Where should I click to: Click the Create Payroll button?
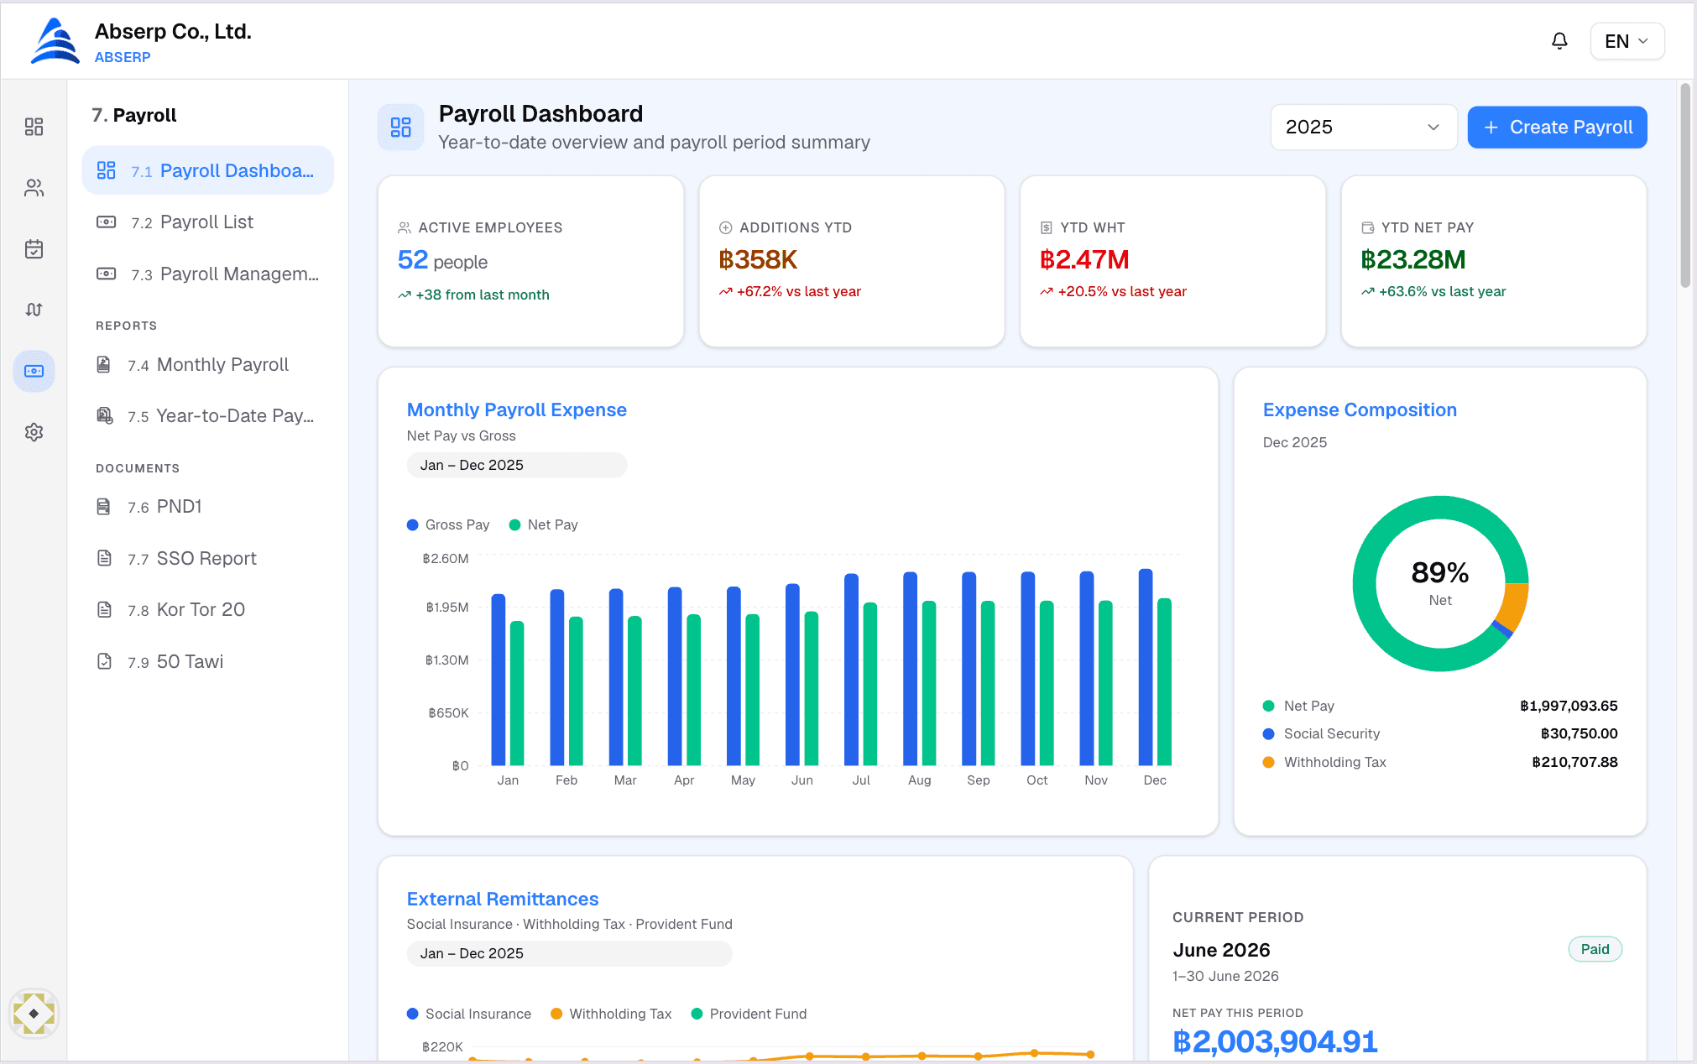coord(1557,127)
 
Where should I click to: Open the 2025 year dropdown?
coord(1363,127)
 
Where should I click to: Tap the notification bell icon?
coord(1559,41)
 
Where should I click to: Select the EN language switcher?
coord(1627,41)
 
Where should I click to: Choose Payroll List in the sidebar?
coord(207,222)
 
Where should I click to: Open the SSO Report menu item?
coord(206,559)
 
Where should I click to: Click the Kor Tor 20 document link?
coord(201,610)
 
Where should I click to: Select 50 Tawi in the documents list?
coord(190,662)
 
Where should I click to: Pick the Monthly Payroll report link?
coord(222,365)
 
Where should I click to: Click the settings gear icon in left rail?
coord(34,432)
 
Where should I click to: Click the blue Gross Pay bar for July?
coord(851,670)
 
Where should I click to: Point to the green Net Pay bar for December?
coord(1164,682)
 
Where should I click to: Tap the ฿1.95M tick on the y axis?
coord(447,608)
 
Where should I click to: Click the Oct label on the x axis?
coord(1036,780)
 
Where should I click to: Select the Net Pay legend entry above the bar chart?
coord(544,525)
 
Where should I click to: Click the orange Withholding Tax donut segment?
coord(1515,606)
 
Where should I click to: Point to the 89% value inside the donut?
coord(1440,572)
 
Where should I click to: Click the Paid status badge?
coord(1595,949)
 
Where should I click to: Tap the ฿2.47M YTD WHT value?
coord(1084,260)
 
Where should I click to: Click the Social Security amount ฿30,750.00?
coord(1579,733)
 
